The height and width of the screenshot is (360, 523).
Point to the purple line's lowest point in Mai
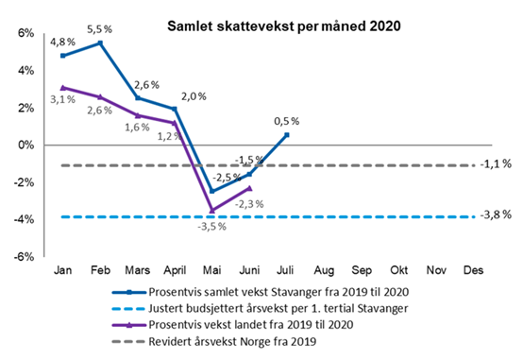(211, 210)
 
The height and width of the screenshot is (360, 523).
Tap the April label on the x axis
(175, 270)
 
